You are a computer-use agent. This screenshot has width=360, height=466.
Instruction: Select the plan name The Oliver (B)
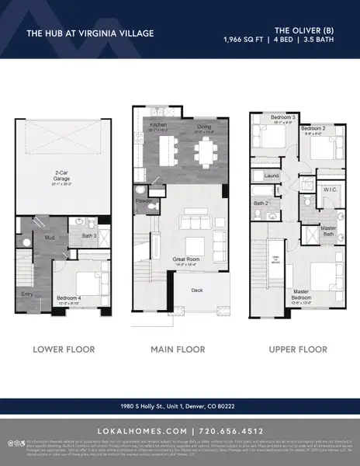305,28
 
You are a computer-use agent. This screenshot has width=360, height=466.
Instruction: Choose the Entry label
25,294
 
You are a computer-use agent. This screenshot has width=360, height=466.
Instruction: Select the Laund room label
272,176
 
